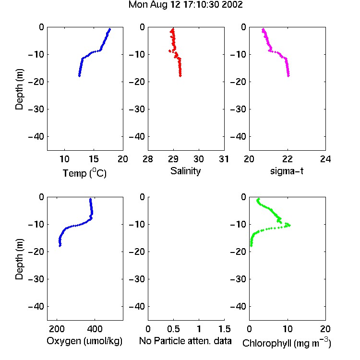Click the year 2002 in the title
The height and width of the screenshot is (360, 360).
tap(232, 5)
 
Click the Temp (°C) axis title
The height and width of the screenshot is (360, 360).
tap(84, 173)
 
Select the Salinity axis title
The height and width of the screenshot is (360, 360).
tap(185, 171)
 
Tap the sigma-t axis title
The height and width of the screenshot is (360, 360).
tap(287, 171)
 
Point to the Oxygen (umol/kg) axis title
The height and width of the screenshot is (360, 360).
tap(84, 341)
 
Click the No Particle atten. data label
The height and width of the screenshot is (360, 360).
tap(185, 341)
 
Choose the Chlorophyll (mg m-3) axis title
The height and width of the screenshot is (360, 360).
tap(287, 343)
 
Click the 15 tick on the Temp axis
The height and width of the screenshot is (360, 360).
tap(94, 159)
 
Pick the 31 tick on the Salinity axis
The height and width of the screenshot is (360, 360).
tap(224, 159)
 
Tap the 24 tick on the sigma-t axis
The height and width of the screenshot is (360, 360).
tap(325, 159)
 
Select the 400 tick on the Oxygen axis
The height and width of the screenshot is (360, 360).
tap(95, 329)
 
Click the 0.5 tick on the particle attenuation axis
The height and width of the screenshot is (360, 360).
tap(173, 329)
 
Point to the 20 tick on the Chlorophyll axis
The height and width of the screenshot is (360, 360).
tap(325, 329)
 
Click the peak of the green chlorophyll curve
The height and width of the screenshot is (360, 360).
tap(289, 225)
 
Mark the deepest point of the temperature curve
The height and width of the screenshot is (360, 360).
tap(79, 75)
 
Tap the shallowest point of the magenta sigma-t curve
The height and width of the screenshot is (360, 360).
tap(263, 29)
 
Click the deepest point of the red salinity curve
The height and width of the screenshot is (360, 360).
tap(180, 75)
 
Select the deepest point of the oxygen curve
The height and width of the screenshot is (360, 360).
tap(60, 246)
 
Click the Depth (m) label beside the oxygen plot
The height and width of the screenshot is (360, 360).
tap(19, 259)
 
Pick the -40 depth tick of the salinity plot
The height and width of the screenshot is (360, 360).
tap(137, 137)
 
